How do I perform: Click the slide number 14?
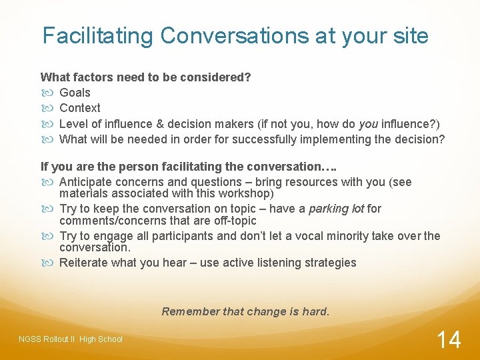click(x=448, y=339)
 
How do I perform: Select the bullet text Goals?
click(x=75, y=93)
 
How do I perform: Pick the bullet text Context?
click(x=80, y=108)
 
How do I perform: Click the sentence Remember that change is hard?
click(x=245, y=311)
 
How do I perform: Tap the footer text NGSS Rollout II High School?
click(x=71, y=339)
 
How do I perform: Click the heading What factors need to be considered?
click(x=145, y=77)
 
